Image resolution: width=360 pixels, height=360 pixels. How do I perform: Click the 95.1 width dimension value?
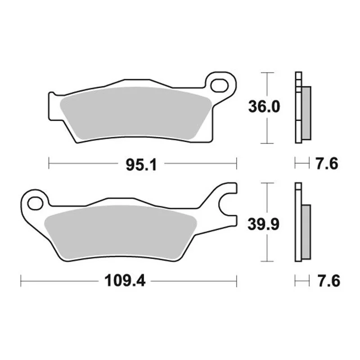141,165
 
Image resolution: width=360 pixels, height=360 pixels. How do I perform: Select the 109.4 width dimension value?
125,281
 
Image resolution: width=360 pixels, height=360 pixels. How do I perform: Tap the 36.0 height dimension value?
264,107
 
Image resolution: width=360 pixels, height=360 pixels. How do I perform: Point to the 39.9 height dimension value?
264,224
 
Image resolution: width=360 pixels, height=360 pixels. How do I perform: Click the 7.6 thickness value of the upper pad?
327,164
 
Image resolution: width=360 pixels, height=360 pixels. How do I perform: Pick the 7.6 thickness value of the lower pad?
329,281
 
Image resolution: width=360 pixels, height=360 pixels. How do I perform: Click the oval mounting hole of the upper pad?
220,85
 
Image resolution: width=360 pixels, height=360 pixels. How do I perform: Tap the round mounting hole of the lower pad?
35,203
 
